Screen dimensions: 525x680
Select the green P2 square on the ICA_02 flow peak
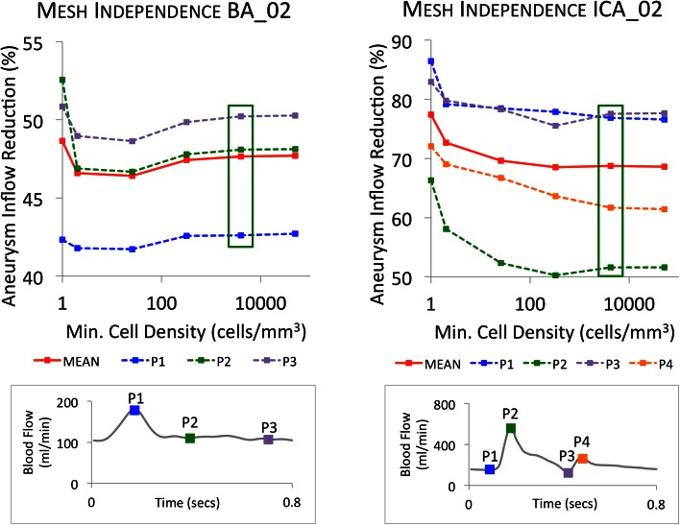[511, 428]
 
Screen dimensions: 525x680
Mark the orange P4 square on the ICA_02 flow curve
[582, 460]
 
